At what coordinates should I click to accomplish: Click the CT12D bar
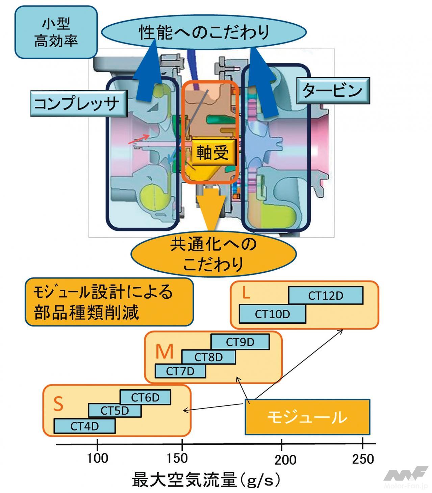pos(326,295)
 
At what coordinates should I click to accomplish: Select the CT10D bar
pos(272,314)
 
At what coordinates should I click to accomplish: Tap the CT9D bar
pos(240,342)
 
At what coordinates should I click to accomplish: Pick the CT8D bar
pos(208,357)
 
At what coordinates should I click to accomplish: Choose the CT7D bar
pos(180,371)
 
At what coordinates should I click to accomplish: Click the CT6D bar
pos(145,397)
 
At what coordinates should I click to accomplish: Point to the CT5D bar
pos(115,410)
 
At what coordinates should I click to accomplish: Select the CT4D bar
pos(84,426)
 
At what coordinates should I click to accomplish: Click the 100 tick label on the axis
pos(97,459)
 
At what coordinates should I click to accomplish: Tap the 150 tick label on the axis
pos(177,459)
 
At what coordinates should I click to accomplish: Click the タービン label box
pos(333,91)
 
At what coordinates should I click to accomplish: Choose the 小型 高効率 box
pos(56,32)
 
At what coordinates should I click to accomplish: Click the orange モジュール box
pos(307,417)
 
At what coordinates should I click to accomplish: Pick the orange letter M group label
pos(164,352)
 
